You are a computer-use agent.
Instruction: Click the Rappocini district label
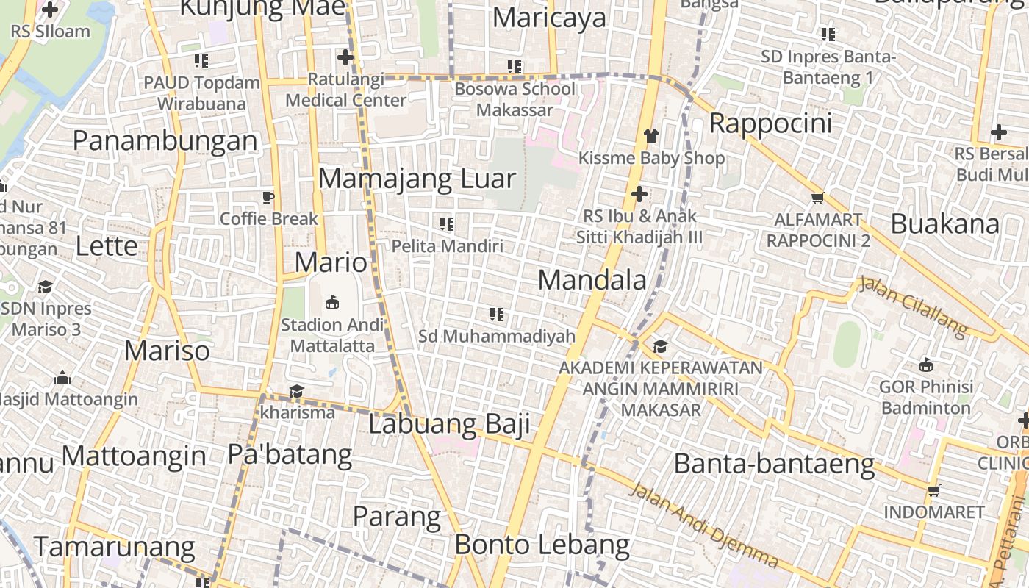pos(770,123)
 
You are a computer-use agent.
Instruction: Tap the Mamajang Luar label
pos(417,179)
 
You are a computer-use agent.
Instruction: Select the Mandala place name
pos(592,280)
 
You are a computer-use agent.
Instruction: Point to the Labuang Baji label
pos(449,424)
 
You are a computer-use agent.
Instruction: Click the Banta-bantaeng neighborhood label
pos(774,464)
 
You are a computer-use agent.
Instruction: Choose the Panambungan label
pos(165,140)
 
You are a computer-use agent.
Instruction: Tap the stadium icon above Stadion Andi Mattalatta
pos(332,302)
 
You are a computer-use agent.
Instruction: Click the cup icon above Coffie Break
pos(268,197)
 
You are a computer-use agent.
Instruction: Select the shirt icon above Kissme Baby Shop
pos(651,135)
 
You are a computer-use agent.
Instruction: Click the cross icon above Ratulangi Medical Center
pos(345,57)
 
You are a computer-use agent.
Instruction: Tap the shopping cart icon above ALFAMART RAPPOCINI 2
pos(817,198)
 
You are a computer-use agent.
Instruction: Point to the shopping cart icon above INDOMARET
pos(933,490)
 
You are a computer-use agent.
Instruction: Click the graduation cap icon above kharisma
pos(296,391)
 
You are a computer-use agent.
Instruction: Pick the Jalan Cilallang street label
pos(914,306)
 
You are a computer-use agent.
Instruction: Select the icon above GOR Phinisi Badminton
pos(926,365)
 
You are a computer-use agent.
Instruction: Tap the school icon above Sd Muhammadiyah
pos(497,315)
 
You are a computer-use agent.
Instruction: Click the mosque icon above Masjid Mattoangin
pos(62,378)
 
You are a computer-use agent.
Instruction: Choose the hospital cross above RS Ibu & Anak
pos(639,194)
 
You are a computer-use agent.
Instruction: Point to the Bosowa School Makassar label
pos(514,99)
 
